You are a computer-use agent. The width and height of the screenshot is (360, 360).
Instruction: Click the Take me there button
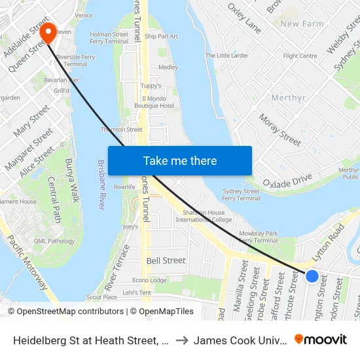[180, 161]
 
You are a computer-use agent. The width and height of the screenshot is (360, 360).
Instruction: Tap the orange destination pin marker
[48, 32]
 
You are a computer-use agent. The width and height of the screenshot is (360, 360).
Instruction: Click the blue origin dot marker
[312, 276]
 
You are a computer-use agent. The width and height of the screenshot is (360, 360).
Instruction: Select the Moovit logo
[321, 340]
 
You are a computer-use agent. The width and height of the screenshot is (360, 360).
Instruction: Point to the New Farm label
[302, 24]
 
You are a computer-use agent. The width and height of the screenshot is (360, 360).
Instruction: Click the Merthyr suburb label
[288, 98]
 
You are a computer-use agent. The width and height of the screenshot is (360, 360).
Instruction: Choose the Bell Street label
[166, 261]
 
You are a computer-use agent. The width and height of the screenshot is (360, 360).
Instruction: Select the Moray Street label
[279, 128]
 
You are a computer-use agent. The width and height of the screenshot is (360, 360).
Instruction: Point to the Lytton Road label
[328, 243]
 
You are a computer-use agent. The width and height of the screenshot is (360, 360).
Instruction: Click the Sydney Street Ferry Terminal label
[241, 195]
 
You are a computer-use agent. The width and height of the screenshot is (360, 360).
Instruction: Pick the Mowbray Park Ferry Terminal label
[259, 236]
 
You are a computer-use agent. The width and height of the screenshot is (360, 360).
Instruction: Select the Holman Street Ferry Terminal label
[109, 38]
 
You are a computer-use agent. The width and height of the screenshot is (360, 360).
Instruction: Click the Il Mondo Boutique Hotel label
[154, 102]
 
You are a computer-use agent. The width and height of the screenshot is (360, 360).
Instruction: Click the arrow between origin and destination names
[182, 340]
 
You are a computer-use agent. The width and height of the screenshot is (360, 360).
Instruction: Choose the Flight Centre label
[300, 56]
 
